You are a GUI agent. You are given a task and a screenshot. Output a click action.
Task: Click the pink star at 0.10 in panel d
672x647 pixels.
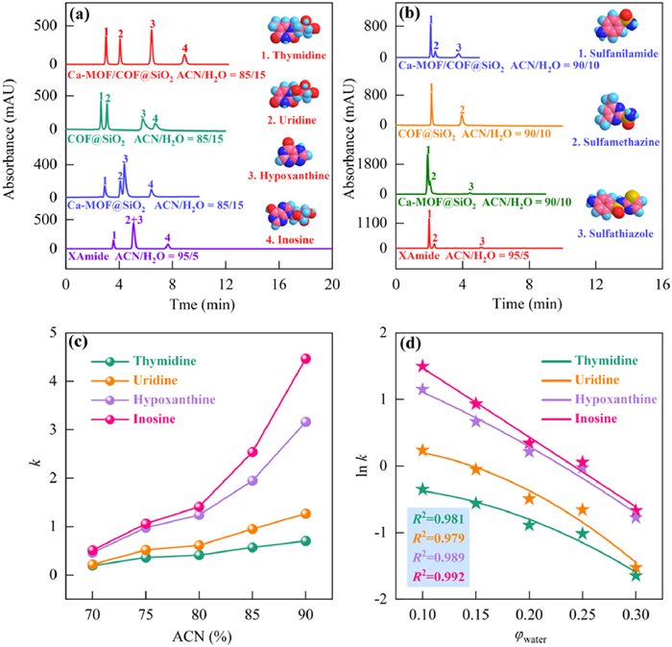tap(421, 366)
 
